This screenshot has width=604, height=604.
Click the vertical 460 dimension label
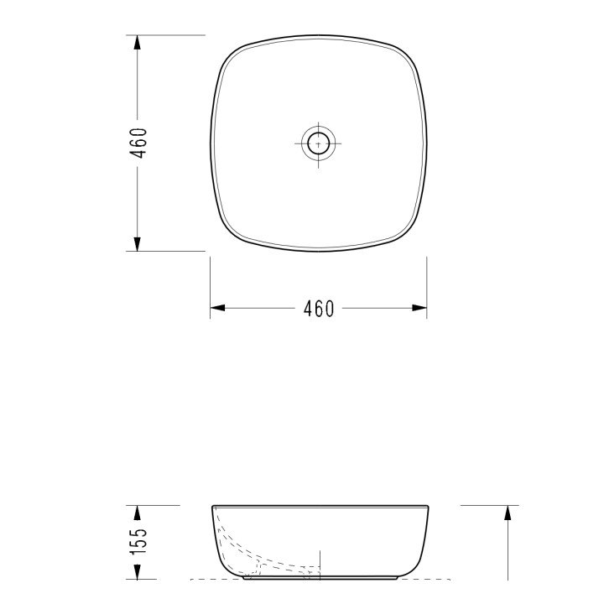(x=138, y=143)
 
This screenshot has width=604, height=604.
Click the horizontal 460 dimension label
(x=319, y=309)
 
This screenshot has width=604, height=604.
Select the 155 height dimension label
(x=138, y=541)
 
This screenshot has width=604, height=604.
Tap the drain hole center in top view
(x=318, y=143)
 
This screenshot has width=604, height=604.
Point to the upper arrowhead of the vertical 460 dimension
(x=137, y=43)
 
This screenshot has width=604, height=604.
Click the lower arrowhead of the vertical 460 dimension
(x=137, y=244)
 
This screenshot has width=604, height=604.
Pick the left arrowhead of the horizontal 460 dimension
(x=217, y=308)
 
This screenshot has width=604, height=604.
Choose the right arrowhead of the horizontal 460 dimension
(x=419, y=308)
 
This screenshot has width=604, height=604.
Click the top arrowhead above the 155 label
(x=137, y=513)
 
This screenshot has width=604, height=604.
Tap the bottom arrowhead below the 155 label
(x=137, y=571)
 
